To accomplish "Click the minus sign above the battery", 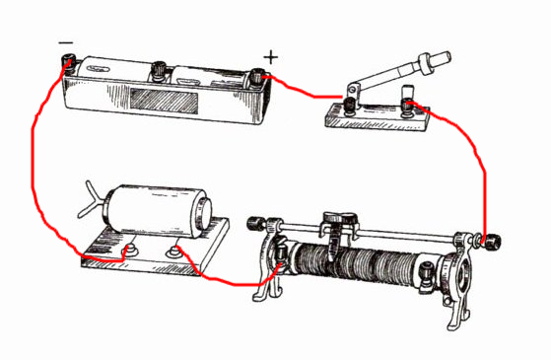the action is point(66,42).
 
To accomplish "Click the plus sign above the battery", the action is point(271,57).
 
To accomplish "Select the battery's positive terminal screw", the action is point(258,77).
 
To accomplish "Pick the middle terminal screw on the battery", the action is point(159,70).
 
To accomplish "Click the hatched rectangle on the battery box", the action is point(164,101).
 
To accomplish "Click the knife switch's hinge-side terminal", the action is point(350,106).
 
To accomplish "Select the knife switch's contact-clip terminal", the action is point(408,107).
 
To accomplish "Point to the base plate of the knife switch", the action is point(378,118).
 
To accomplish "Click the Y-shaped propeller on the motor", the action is point(91,200).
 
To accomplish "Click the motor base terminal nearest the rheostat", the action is point(173,252).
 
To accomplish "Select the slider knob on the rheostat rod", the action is point(339,218).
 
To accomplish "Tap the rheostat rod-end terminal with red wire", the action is point(491,241).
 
